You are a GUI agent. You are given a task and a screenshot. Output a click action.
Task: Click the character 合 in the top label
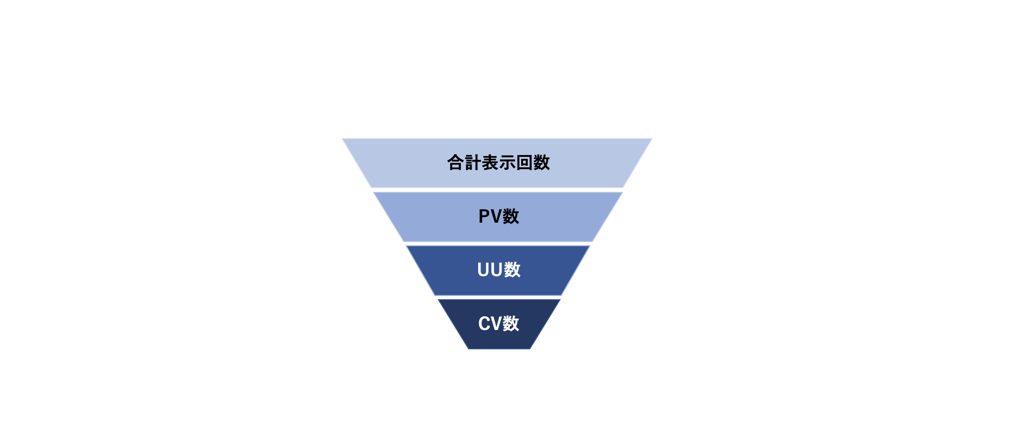click(x=455, y=163)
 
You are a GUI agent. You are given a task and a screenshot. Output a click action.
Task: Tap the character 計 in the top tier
click(x=472, y=163)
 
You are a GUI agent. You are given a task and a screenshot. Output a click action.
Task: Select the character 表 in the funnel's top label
click(x=490, y=163)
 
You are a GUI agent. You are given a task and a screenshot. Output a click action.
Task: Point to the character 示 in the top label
click(x=507, y=163)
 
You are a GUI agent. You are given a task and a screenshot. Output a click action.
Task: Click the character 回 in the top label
click(x=524, y=163)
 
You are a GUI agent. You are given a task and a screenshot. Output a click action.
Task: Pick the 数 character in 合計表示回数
click(x=542, y=163)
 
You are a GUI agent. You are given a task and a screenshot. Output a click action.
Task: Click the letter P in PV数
click(x=485, y=216)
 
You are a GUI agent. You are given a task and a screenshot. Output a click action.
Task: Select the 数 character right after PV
click(x=511, y=216)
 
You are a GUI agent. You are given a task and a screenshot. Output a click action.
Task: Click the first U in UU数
click(x=483, y=270)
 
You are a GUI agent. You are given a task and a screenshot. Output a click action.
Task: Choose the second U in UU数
click(x=496, y=270)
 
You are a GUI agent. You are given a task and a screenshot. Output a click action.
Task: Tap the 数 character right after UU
click(x=512, y=270)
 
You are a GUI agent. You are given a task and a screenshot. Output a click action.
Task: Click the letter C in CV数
click(x=484, y=324)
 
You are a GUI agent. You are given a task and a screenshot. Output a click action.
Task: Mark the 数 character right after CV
click(x=511, y=324)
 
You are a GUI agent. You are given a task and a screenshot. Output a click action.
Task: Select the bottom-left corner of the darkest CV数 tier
click(x=469, y=348)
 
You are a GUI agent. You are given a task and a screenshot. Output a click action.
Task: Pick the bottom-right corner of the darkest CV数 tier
click(x=530, y=348)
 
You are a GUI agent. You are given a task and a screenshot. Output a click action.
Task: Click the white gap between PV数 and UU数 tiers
click(x=498, y=243)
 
